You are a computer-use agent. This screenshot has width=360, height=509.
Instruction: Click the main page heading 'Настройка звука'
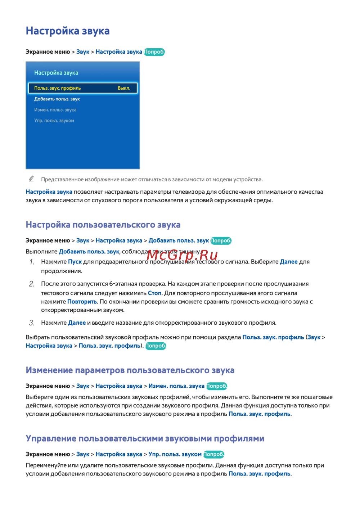coord(68,31)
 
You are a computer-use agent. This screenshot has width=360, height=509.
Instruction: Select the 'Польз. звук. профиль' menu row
coord(58,88)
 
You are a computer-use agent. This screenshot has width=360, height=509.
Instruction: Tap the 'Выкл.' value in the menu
coord(124,88)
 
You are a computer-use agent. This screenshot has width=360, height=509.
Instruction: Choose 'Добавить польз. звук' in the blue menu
coord(57,99)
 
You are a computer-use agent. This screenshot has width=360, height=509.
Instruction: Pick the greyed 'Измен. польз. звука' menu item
coord(55,110)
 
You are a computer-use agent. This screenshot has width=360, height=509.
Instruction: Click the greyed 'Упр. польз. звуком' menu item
coord(54,121)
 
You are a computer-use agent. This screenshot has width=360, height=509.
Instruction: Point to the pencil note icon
coord(31,179)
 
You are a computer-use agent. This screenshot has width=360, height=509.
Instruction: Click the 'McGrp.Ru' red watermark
coord(182,255)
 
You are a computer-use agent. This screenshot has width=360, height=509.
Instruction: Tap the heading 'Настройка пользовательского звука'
coord(103,225)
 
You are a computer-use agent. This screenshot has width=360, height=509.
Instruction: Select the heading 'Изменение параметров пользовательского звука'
coord(130,370)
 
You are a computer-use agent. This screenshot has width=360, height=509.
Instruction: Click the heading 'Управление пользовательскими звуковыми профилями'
coord(145,438)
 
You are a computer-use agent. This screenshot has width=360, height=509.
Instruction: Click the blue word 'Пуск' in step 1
coord(75,262)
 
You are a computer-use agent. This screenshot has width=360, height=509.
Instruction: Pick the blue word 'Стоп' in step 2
coord(155,293)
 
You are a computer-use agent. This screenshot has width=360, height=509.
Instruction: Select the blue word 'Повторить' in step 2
coord(82,302)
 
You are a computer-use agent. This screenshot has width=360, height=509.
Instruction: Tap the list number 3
coord(32,323)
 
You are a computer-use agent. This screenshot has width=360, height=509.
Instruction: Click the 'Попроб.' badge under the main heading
coord(154,52)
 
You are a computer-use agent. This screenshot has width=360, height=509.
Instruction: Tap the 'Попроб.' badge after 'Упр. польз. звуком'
coord(214,454)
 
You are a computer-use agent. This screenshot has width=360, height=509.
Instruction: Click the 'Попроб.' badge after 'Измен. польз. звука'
coord(217,386)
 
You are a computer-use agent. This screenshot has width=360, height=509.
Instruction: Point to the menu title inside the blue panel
coord(56,73)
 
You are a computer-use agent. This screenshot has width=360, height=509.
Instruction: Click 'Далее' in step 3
coord(77,323)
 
